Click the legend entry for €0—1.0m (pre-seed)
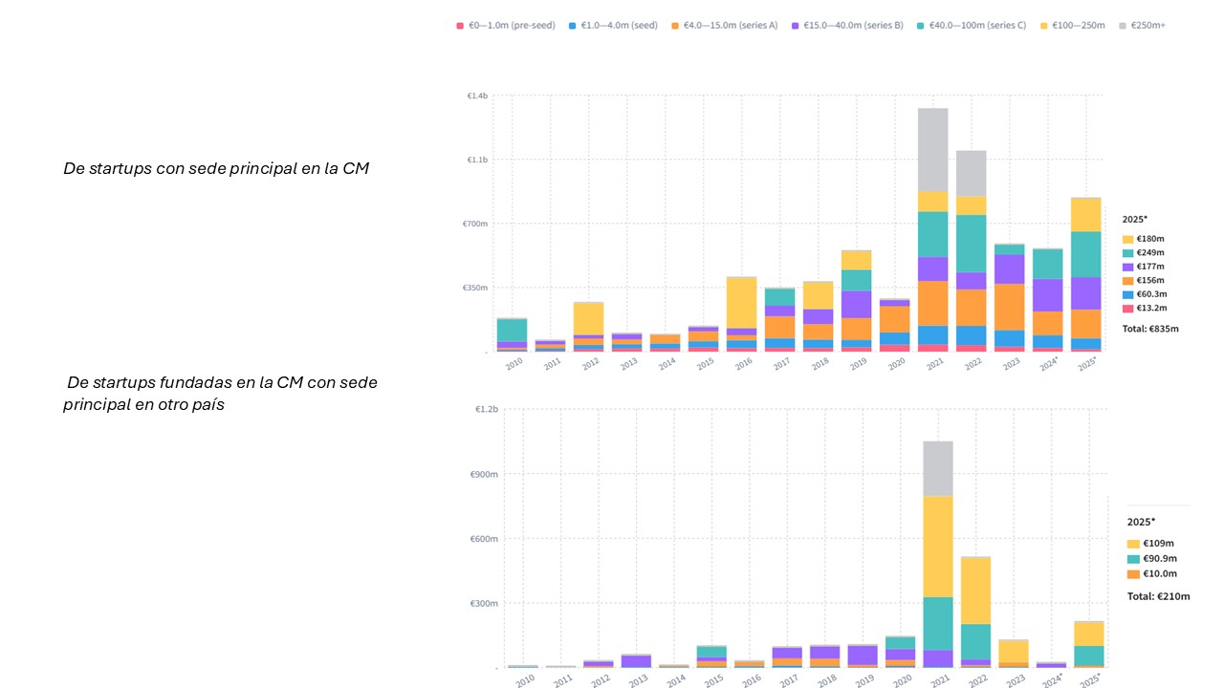tap(506, 25)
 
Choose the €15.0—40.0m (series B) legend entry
tap(847, 25)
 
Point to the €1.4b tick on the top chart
tap(477, 97)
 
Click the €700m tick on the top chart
tap(476, 224)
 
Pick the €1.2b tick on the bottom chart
tap(487, 409)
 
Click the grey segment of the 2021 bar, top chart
tap(932, 149)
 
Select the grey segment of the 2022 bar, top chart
tap(971, 173)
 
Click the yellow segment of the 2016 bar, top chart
tap(741, 302)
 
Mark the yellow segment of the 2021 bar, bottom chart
tap(937, 546)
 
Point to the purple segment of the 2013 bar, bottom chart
tap(636, 660)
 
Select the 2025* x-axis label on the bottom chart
tap(1088, 679)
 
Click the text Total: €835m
tap(1150, 329)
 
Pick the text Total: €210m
tap(1158, 596)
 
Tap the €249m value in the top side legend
tap(1150, 252)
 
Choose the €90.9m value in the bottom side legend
tap(1160, 558)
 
